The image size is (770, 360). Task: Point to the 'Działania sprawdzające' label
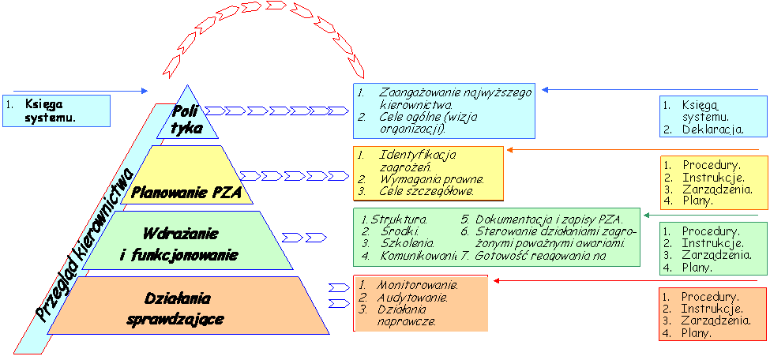click(x=175, y=309)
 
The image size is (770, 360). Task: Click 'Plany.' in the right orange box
click(x=697, y=333)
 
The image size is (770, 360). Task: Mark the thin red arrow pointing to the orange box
click(x=569, y=279)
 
